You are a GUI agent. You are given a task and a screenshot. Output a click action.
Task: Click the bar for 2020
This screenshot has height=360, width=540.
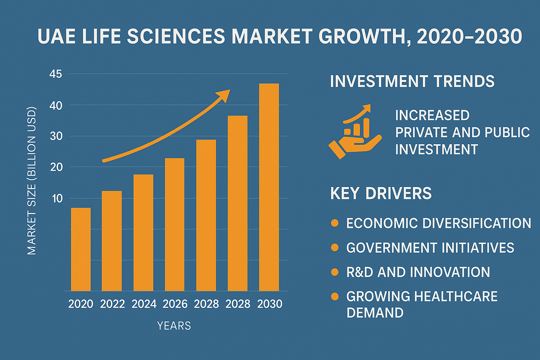(81, 249)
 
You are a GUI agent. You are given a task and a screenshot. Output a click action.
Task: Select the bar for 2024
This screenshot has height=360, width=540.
(143, 233)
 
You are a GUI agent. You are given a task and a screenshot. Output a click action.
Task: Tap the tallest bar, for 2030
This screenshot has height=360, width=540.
(269, 187)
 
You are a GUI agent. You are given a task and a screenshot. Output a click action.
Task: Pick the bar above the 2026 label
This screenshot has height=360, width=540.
(174, 225)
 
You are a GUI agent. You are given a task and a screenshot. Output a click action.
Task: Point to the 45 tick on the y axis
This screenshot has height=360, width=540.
(56, 74)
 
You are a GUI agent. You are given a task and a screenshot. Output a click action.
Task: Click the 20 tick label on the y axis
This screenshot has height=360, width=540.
(56, 167)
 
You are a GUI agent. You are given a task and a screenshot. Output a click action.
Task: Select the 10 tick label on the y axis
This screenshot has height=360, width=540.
(57, 198)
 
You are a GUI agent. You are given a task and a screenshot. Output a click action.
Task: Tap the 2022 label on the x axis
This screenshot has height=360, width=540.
(112, 304)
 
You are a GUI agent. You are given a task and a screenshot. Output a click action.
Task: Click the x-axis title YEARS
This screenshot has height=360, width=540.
(174, 326)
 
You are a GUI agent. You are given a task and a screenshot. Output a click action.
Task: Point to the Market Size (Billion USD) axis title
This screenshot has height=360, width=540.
(32, 181)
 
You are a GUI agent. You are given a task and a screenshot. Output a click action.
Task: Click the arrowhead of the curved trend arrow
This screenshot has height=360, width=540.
(224, 95)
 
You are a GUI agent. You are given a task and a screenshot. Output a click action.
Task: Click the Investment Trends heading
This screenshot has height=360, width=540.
(412, 81)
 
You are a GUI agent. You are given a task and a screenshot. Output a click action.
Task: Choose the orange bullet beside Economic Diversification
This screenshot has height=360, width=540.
(335, 223)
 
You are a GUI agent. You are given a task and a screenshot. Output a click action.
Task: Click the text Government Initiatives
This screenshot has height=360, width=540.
(430, 247)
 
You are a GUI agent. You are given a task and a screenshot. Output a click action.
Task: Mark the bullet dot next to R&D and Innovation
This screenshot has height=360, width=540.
(335, 272)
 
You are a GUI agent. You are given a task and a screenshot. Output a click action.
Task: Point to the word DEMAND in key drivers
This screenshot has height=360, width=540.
(375, 313)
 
